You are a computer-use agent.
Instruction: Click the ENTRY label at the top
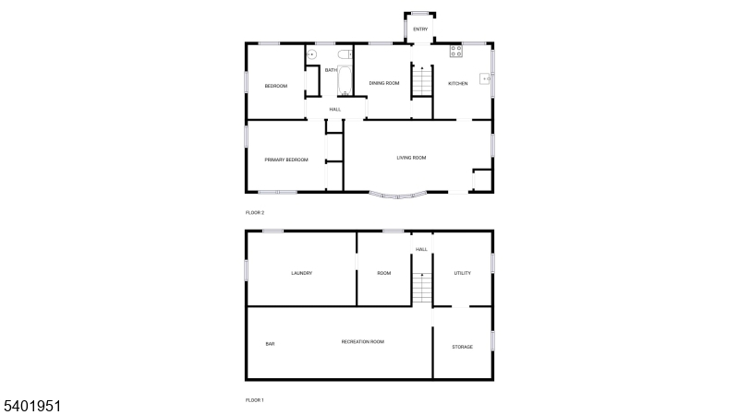(x=420, y=30)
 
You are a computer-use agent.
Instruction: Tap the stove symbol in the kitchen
(x=455, y=52)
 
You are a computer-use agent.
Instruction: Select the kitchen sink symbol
(x=485, y=79)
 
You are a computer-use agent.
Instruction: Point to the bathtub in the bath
(x=345, y=80)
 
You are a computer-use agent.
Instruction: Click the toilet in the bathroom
(x=345, y=54)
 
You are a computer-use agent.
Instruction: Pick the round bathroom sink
(x=311, y=54)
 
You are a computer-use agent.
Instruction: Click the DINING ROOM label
(x=384, y=83)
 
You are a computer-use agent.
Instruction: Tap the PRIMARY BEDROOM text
(x=286, y=160)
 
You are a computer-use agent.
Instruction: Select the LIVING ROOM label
(x=411, y=158)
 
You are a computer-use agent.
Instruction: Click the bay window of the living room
(x=398, y=196)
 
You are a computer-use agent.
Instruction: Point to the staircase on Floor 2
(x=422, y=81)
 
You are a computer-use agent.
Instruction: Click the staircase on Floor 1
(x=422, y=288)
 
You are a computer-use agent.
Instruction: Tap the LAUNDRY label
(x=302, y=273)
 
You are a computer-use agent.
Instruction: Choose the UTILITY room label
(x=463, y=273)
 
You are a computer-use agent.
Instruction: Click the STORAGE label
(x=463, y=347)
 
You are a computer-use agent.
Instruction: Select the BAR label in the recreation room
(x=270, y=344)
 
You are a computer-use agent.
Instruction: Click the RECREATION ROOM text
(x=363, y=341)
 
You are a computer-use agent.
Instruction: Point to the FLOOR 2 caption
(x=255, y=213)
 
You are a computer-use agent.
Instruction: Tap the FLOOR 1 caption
(x=255, y=400)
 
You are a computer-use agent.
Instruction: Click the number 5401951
(x=32, y=407)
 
